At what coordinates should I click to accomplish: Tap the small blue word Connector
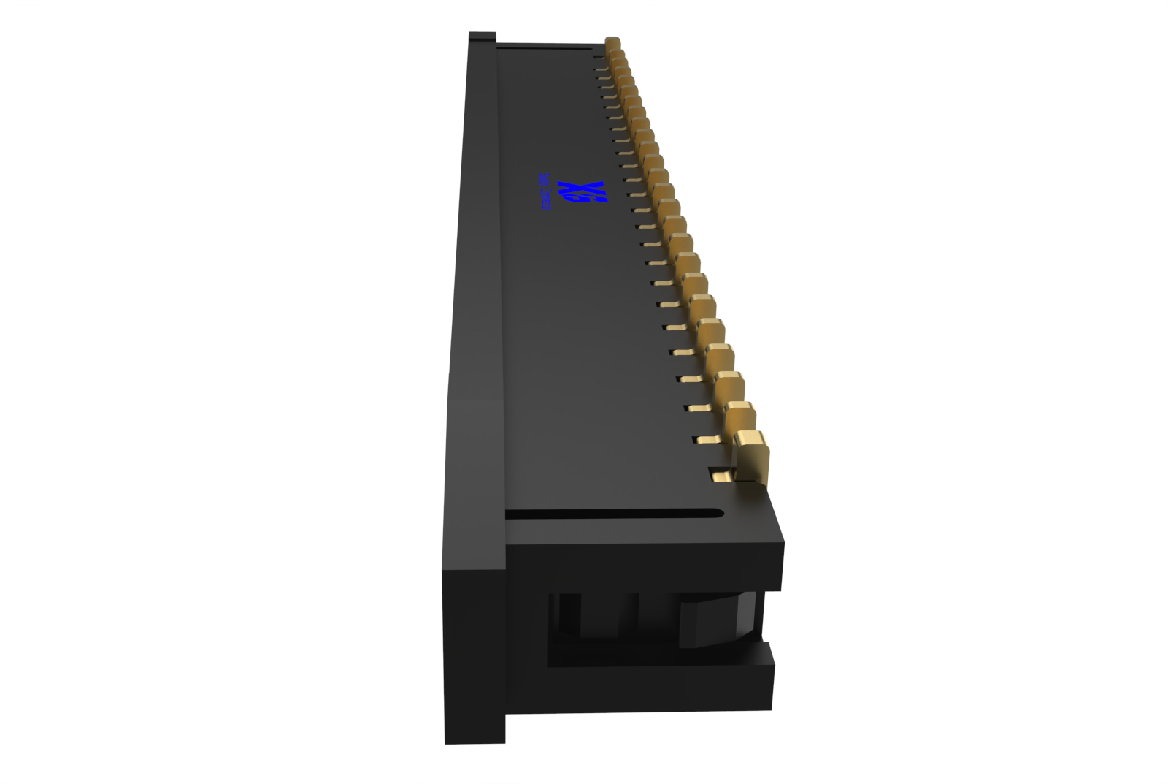tap(545, 192)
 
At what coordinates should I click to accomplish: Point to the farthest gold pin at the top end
tap(612, 44)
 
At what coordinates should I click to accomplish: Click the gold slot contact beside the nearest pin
tap(721, 476)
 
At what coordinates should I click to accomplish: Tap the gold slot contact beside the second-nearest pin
tap(707, 440)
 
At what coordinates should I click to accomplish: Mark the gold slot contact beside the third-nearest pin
tap(697, 409)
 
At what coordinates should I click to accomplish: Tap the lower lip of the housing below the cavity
tap(657, 687)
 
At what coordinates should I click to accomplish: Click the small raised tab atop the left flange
tap(482, 36)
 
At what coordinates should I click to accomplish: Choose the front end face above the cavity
tap(642, 566)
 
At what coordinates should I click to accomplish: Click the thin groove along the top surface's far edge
tap(544, 47)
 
